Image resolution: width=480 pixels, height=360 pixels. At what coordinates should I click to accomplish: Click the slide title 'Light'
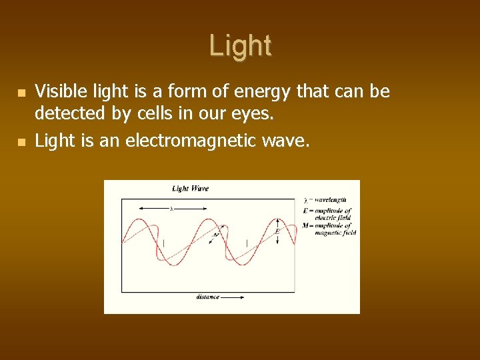pyautogui.click(x=240, y=46)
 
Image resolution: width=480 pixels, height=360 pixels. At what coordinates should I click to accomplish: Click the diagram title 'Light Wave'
pyautogui.click(x=190, y=189)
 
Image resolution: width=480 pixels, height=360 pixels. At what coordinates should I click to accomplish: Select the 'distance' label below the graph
pyautogui.click(x=207, y=297)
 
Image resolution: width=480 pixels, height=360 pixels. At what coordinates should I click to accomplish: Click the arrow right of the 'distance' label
pyautogui.click(x=233, y=297)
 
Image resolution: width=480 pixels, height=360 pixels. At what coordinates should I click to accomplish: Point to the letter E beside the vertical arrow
pyautogui.click(x=277, y=231)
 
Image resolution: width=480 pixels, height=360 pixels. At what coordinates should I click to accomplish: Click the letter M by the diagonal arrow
pyautogui.click(x=215, y=235)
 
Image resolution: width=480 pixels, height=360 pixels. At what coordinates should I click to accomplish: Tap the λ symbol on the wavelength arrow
pyautogui.click(x=171, y=209)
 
